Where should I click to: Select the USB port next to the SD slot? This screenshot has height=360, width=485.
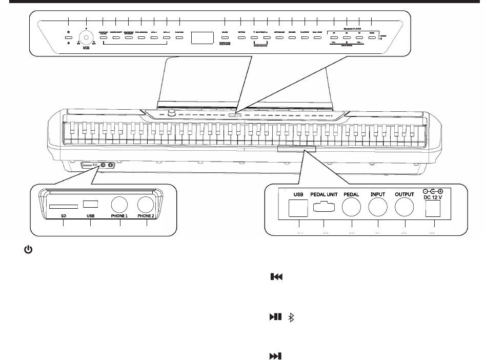(91, 203)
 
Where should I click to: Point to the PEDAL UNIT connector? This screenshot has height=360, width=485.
(324, 207)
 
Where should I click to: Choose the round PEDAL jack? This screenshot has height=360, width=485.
(351, 208)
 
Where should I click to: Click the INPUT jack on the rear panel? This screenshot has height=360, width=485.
(377, 208)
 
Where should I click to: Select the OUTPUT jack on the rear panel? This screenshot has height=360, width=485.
(405, 208)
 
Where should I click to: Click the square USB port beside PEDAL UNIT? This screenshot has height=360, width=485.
(298, 207)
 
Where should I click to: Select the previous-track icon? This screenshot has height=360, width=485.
(276, 277)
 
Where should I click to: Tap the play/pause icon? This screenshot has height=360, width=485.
(276, 318)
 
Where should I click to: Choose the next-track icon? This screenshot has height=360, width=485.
(276, 356)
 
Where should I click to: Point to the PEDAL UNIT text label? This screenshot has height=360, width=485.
(324, 194)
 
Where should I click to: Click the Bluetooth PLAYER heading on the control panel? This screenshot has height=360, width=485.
(352, 30)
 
